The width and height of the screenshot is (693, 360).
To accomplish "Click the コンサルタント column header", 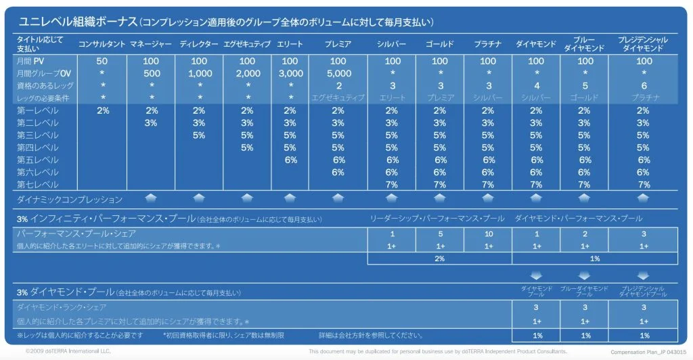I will (x=102, y=44).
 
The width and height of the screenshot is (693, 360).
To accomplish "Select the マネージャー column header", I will (x=152, y=44).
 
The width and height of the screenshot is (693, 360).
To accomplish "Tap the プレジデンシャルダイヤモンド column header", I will (x=644, y=44).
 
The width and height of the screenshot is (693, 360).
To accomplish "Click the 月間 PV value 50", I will (x=102, y=62).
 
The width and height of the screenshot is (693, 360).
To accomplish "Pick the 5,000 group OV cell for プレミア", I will (x=338, y=73).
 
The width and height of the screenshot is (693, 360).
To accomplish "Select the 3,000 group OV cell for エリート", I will (x=291, y=73).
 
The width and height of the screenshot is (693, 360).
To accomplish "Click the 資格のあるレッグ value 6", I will (x=644, y=85).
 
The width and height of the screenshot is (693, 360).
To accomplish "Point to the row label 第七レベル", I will (x=38, y=184).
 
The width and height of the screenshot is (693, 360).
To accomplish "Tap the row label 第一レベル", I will (x=38, y=110).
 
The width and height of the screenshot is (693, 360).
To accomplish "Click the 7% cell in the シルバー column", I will (x=392, y=184).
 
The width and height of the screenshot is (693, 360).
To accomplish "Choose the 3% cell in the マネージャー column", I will (x=152, y=122).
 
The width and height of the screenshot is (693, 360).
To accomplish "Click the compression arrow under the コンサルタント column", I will (x=152, y=198).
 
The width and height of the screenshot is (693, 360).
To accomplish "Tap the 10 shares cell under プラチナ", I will (x=488, y=234).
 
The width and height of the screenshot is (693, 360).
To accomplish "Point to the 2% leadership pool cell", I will (x=439, y=258).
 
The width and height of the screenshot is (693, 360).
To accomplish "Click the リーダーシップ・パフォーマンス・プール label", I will (x=437, y=219).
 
